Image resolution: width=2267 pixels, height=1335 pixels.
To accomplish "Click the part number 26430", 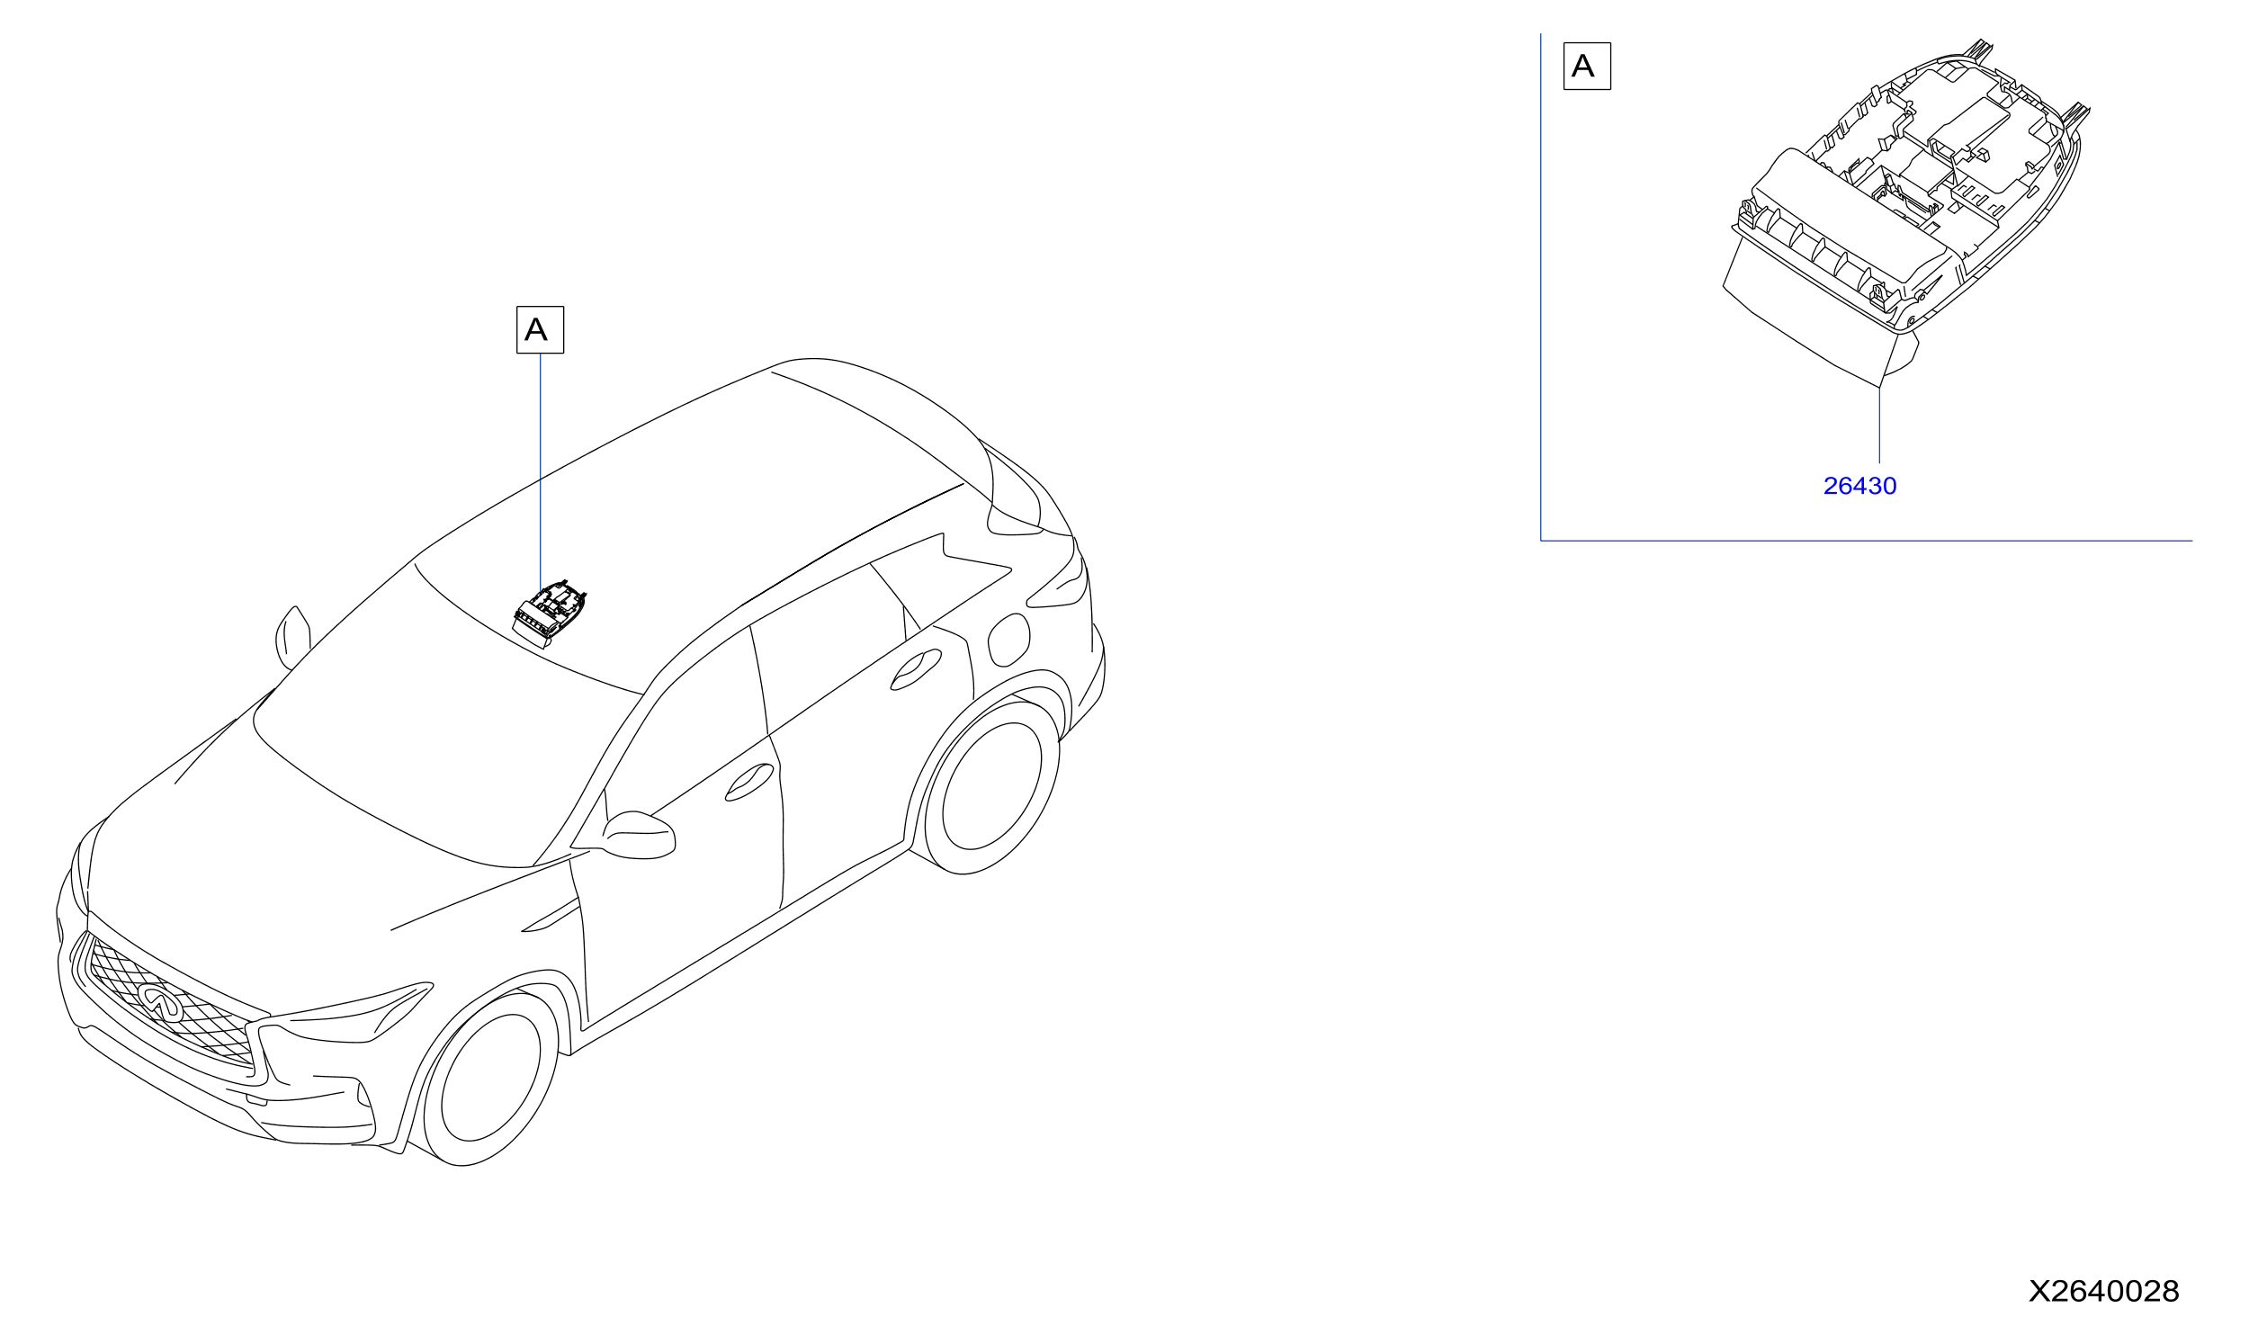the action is point(1859,486).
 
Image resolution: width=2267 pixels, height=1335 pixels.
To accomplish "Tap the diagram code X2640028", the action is point(2103,1292).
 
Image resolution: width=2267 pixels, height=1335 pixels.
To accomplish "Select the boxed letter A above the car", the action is point(540,329).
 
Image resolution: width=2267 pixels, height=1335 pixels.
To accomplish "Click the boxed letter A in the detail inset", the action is point(1587,66).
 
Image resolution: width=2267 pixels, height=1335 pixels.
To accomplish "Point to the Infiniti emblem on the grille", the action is point(160,1000).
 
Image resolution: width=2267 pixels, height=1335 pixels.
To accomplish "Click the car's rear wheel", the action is point(992,786).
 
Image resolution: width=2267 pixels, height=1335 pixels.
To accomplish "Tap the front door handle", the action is point(749,782).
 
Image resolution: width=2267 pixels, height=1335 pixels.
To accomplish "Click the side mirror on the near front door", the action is point(639,836).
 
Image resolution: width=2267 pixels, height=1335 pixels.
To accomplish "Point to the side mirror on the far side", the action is point(292,637).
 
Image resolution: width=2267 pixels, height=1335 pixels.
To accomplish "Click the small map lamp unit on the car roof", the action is point(549,614).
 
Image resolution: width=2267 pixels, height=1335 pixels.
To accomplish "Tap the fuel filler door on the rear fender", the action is point(1008,640).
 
